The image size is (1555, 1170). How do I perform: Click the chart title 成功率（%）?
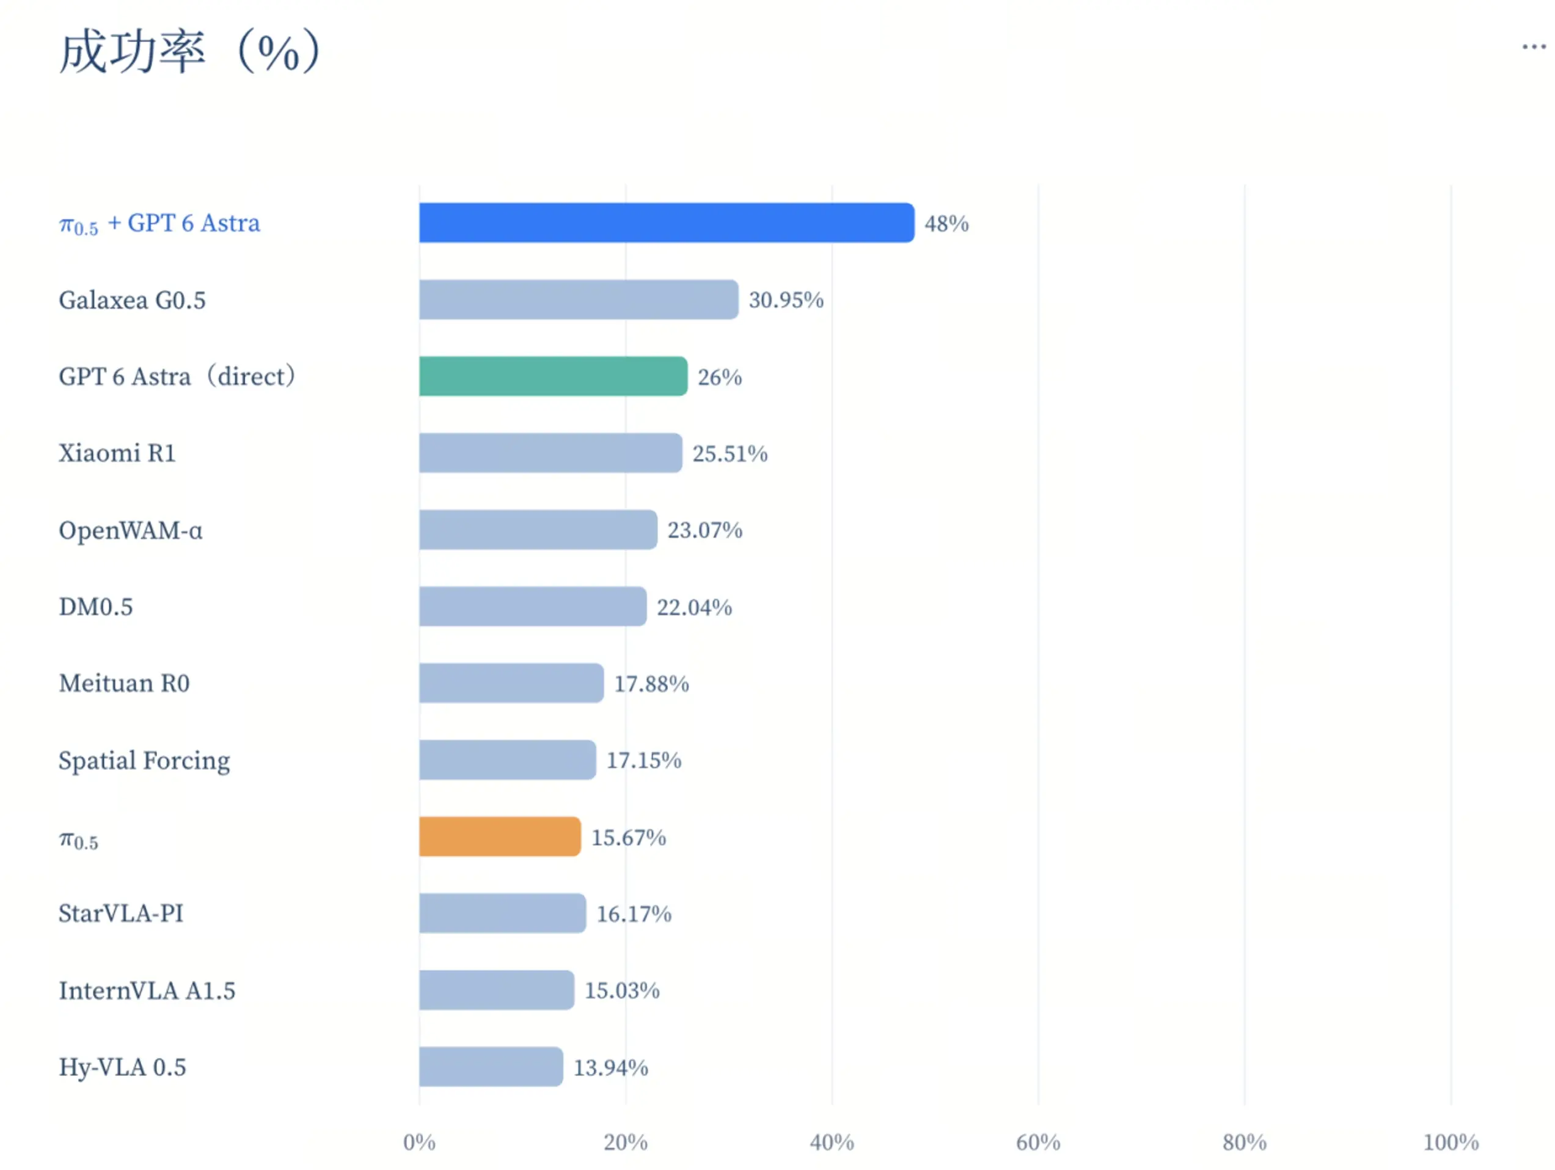190,51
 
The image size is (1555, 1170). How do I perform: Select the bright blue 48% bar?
667,223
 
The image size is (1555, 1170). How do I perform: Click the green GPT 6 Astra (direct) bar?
553,376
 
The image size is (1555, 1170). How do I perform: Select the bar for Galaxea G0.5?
579,299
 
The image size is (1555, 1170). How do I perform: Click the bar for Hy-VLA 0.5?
491,1067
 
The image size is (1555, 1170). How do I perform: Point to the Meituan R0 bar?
511,682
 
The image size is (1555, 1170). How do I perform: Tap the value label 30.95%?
786,300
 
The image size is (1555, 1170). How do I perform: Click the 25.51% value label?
730,453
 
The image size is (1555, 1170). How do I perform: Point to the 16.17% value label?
634,914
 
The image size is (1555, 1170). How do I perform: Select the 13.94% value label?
611,1067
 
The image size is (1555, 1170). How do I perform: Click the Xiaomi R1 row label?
117,453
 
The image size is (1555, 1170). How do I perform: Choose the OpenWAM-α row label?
131,530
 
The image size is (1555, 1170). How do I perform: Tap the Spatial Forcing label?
144,761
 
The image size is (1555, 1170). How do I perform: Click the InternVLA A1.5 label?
147,990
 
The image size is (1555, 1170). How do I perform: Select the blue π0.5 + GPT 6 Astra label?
159,224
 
